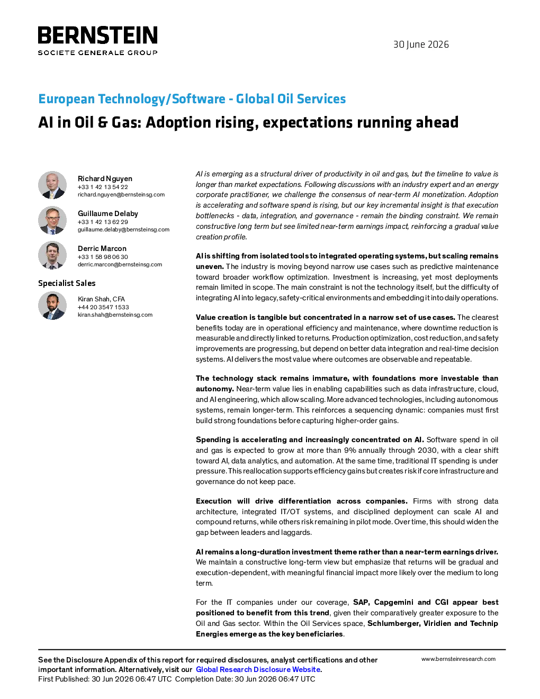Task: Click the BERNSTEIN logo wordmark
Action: [x=97, y=35]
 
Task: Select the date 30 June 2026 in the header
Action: [x=421, y=44]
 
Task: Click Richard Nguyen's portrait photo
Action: [x=52, y=185]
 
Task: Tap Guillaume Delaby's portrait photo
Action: [x=52, y=220]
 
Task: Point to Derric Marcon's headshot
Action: [x=52, y=255]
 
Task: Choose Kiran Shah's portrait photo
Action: [x=52, y=306]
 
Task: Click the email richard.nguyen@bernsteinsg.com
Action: [x=121, y=195]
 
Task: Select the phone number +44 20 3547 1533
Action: [x=103, y=307]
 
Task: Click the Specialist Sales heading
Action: [x=67, y=283]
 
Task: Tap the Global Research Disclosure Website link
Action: [x=258, y=669]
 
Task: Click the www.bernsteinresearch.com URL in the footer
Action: [x=458, y=659]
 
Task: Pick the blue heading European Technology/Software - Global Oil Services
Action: [x=192, y=98]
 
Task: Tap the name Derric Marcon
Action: [x=102, y=248]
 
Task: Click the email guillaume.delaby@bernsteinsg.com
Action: [x=123, y=230]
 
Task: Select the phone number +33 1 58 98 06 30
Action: [x=103, y=257]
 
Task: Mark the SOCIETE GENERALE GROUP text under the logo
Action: [x=97, y=53]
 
